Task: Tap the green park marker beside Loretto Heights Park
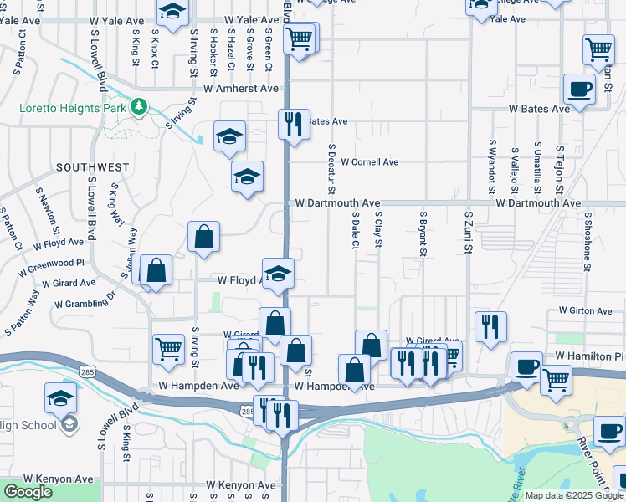pyautogui.click(x=139, y=107)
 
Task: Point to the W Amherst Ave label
pyautogui.click(x=245, y=88)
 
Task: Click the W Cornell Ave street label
pyautogui.click(x=370, y=162)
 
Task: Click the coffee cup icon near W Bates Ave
pyautogui.click(x=579, y=89)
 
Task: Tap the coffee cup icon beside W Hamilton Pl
pyautogui.click(x=528, y=366)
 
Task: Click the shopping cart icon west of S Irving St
pyautogui.click(x=169, y=349)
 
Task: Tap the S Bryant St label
pyautogui.click(x=423, y=233)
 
